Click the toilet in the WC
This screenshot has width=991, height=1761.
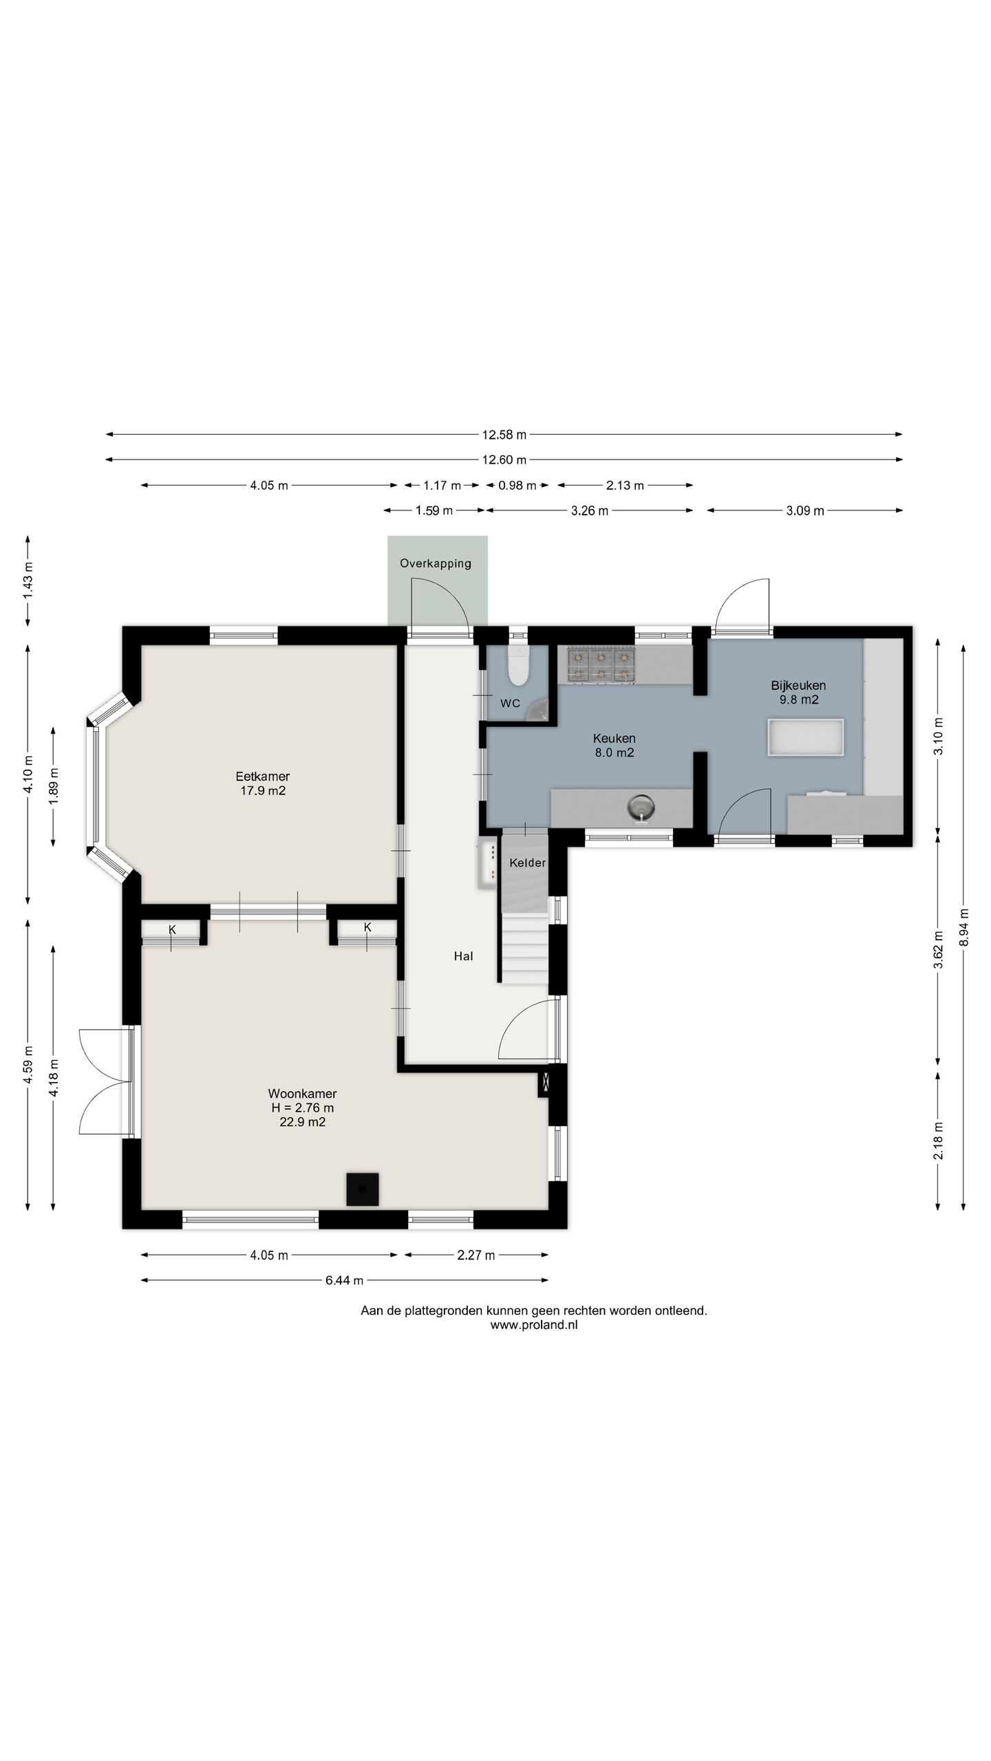pos(517,665)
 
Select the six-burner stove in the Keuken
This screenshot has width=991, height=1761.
pos(601,665)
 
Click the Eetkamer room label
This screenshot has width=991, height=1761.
pos(262,784)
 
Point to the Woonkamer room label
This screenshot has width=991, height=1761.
pos(302,1108)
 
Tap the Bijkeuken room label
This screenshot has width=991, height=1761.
pos(798,693)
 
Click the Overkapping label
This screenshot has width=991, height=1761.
pos(436,563)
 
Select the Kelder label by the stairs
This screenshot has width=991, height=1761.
pos(528,863)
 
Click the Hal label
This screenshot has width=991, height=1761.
pos(463,956)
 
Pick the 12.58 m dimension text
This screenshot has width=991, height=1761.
pos(504,435)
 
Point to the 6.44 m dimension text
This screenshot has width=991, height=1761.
pos(344,1280)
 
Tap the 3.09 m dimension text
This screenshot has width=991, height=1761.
pos(804,510)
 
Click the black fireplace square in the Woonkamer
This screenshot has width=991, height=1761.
pos(362,1189)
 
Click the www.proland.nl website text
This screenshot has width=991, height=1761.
pos(534,1325)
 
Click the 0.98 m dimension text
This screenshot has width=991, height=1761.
pos(517,485)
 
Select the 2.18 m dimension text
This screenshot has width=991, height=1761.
pos(937,1141)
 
